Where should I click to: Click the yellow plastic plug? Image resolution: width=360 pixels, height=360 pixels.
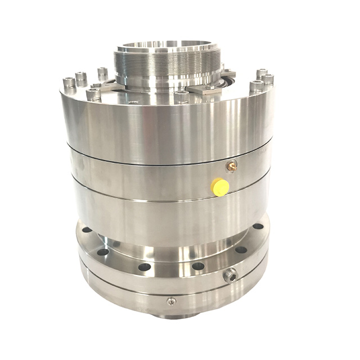point(220,187)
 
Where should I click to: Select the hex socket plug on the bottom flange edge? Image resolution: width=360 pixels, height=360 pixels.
point(229,275)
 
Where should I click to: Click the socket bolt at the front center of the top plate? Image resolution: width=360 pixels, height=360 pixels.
point(181,96)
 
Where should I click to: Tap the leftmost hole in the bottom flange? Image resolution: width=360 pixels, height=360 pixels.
point(86,229)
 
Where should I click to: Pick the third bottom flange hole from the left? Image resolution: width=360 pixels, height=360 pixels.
point(145,267)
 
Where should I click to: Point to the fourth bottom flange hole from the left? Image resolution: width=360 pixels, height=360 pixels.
point(198,266)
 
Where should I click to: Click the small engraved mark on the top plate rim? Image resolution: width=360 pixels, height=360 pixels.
point(133,102)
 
